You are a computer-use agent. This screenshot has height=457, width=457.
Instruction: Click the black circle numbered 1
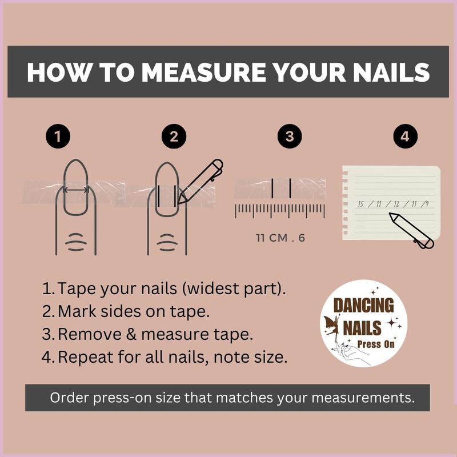pyautogui.click(x=58, y=137)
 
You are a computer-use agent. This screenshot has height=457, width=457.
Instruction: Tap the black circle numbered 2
pyautogui.click(x=174, y=137)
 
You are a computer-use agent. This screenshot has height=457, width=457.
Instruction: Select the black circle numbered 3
pyautogui.click(x=290, y=137)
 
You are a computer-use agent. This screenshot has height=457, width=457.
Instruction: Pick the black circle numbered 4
pyautogui.click(x=406, y=137)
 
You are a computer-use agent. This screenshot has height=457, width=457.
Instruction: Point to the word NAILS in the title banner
pyautogui.click(x=391, y=72)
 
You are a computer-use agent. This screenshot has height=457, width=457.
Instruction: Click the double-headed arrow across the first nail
pyautogui.click(x=75, y=190)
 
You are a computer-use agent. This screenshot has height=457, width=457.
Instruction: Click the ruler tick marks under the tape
pyautogui.click(x=280, y=211)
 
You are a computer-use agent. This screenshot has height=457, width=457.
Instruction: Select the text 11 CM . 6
pyautogui.click(x=280, y=238)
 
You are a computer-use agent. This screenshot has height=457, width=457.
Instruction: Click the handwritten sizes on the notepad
pyautogui.click(x=394, y=204)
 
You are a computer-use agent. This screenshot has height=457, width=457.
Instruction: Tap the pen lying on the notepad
pyautogui.click(x=411, y=231)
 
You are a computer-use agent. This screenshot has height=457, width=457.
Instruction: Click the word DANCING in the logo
pyautogui.click(x=363, y=305)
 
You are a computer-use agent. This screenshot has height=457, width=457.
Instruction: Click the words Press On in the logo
pyautogui.click(x=376, y=344)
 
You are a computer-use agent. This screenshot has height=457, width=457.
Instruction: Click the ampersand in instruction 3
pyautogui.click(x=131, y=334)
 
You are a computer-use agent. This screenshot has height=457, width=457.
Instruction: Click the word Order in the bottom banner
pyautogui.click(x=69, y=398)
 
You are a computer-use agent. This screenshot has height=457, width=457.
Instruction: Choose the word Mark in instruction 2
pyautogui.click(x=77, y=311)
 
